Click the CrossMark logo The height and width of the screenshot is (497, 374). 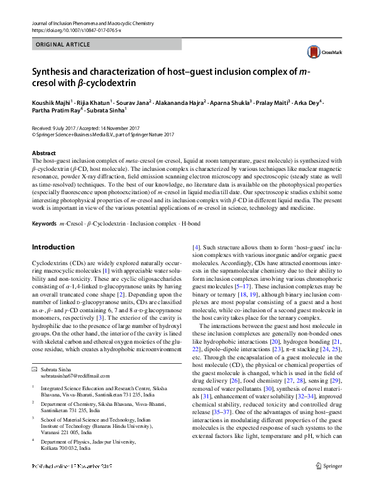click(x=319, y=54)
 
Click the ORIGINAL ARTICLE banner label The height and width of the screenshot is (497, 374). click(x=62, y=45)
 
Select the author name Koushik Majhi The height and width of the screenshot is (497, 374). click(x=52, y=102)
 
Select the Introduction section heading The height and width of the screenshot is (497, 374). click(x=53, y=247)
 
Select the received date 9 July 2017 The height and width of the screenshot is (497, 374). click(x=63, y=128)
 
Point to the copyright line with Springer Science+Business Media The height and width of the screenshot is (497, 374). click(x=103, y=134)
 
